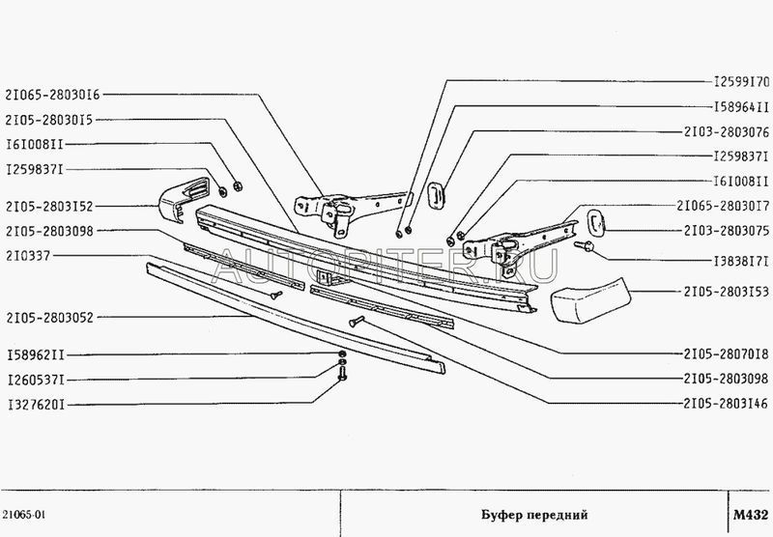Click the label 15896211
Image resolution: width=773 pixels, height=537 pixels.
click(x=35, y=354)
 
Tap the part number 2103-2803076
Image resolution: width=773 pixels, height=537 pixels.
click(x=725, y=131)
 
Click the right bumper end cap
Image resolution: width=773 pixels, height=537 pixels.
click(x=589, y=298)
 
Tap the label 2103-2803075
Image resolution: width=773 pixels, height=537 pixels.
click(x=725, y=231)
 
